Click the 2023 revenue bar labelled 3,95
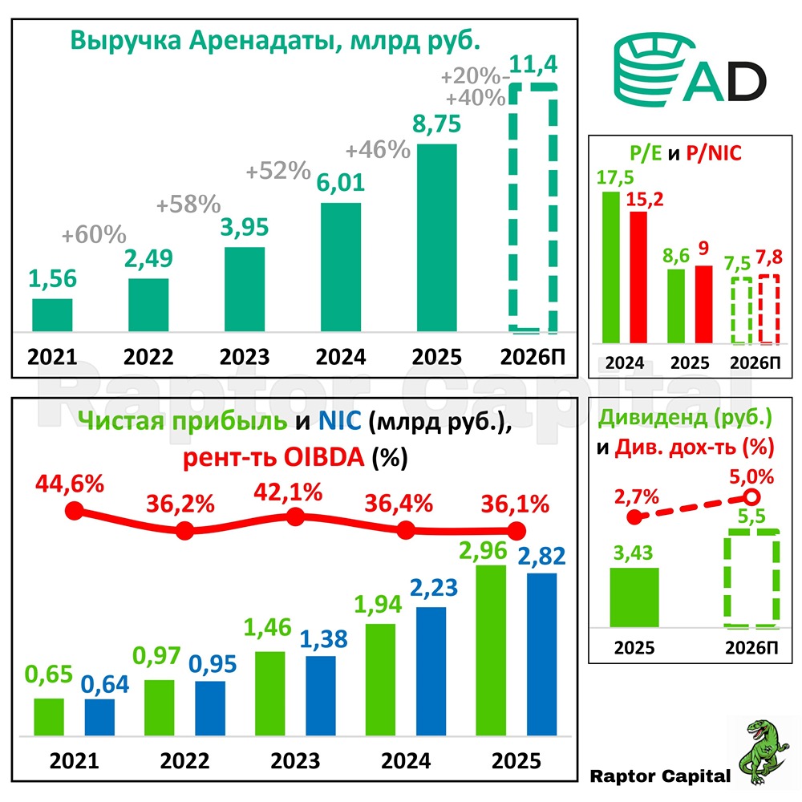click(245, 290)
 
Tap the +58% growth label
click(188, 205)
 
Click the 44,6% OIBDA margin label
click(71, 484)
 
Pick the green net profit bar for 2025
click(491, 650)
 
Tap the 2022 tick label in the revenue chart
click(148, 355)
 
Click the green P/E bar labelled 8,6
click(677, 306)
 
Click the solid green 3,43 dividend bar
click(634, 597)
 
